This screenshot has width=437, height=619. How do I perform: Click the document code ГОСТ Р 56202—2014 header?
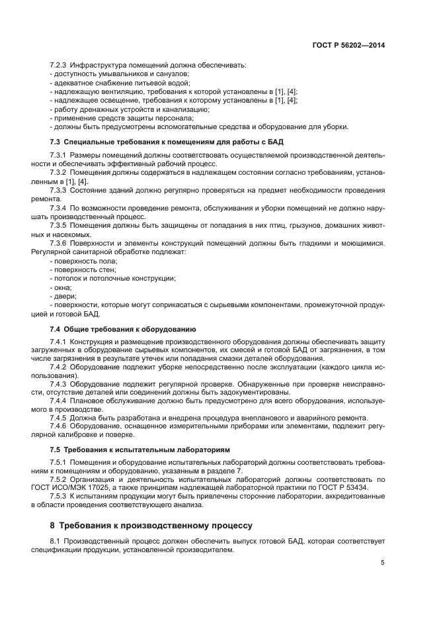[348, 46]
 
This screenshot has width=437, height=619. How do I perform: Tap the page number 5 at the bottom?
[382, 563]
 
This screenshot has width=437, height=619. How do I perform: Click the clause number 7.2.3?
[60, 65]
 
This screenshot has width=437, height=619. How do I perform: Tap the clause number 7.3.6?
[60, 244]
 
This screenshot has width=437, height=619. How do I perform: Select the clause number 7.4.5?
[60, 418]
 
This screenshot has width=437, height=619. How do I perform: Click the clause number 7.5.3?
[60, 497]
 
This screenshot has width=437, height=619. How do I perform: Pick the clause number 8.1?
[56, 542]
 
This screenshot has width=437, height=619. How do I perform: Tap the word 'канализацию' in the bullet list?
[186, 109]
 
